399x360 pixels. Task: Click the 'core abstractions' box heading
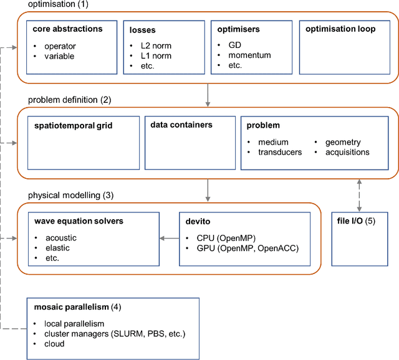pos(67,29)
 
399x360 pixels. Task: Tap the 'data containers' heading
pos(181,125)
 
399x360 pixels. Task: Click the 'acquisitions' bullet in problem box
pos(347,152)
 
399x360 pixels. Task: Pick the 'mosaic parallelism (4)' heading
pos(77,307)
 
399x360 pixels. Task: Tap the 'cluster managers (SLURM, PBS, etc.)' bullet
pos(115,334)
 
